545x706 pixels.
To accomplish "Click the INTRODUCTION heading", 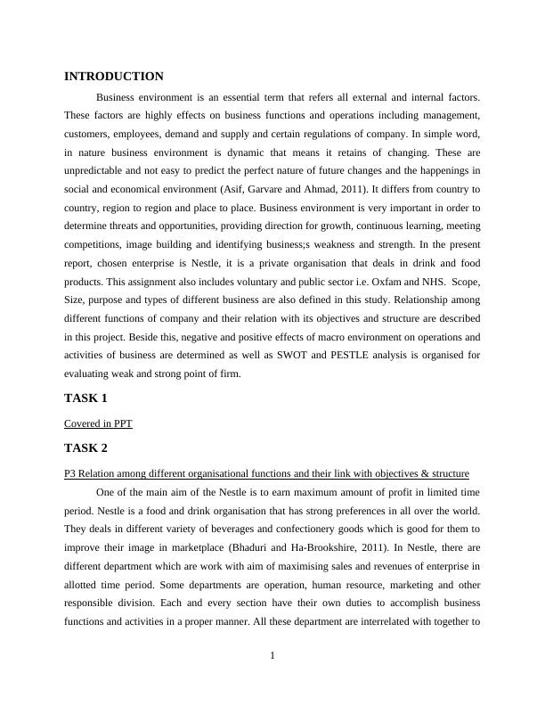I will click(x=114, y=77).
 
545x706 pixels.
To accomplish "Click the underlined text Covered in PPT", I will click(x=98, y=423).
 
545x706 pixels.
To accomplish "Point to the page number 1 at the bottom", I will click(x=272, y=657).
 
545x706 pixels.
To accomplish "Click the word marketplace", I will click(x=205, y=547).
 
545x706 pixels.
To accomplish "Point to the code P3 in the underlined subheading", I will click(x=71, y=473).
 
